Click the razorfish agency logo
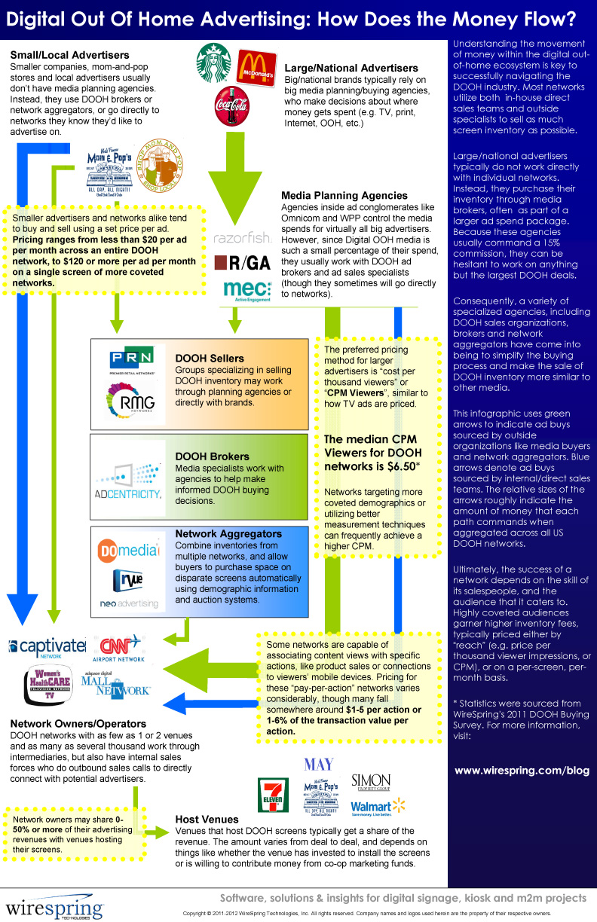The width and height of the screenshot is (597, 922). coord(241,238)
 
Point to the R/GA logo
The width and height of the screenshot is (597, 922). coord(241,261)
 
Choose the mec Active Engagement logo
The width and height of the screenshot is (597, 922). coord(247,290)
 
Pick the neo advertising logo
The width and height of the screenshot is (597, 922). coord(128,603)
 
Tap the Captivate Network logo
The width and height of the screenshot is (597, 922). coord(47,647)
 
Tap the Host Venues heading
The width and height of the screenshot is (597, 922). coord(207,819)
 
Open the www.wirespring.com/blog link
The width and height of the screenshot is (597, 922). coord(522,770)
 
